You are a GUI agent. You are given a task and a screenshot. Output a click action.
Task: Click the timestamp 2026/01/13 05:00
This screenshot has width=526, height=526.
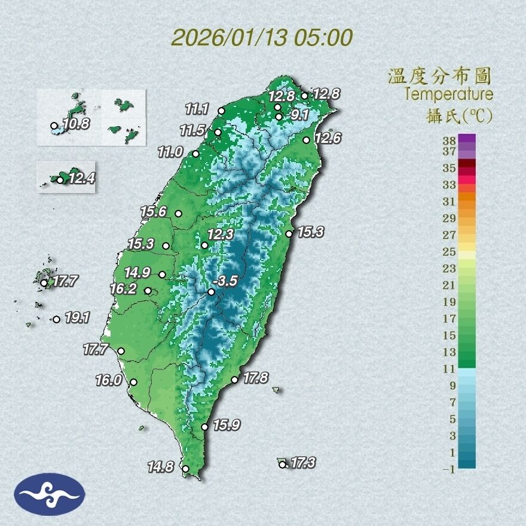click(262, 38)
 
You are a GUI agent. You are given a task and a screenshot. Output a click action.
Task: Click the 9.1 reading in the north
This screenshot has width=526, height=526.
click(297, 115)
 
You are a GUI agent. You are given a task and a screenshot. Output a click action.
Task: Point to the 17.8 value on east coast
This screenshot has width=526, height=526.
click(256, 378)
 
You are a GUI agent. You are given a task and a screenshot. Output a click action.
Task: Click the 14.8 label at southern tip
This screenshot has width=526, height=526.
click(161, 467)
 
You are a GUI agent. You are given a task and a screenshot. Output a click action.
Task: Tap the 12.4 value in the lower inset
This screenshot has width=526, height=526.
click(81, 178)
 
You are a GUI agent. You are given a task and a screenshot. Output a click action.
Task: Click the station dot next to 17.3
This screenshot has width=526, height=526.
click(282, 464)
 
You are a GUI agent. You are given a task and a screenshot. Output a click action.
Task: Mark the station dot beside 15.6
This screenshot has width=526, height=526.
click(178, 213)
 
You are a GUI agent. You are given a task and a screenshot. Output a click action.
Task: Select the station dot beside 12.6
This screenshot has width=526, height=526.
click(306, 140)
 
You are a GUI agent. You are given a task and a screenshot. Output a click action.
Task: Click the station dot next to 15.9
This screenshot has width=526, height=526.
click(204, 427)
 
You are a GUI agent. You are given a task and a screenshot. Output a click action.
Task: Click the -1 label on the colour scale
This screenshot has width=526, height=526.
click(448, 469)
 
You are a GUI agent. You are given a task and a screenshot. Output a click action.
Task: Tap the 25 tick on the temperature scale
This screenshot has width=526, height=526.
click(449, 251)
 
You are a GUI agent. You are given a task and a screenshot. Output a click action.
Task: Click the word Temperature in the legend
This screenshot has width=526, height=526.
click(448, 94)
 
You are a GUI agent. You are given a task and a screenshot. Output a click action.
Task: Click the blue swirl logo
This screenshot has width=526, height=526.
click(50, 494)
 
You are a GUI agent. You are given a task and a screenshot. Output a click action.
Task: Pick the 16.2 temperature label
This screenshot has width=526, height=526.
click(123, 289)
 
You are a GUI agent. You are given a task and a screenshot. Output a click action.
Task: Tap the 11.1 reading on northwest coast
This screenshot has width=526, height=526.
click(197, 109)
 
